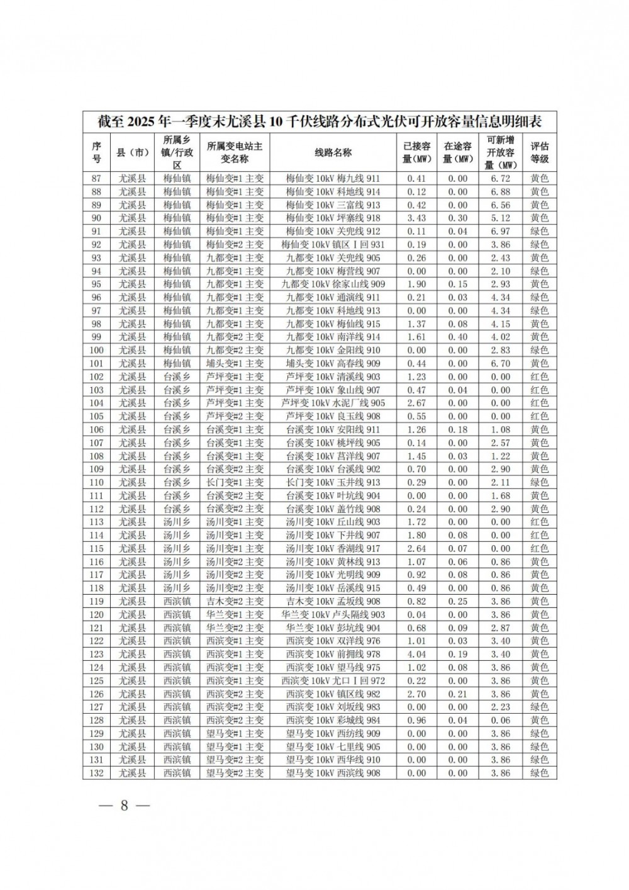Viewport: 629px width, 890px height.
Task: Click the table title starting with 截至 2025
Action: [x=320, y=121]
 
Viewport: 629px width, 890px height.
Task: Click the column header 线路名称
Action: [x=333, y=152]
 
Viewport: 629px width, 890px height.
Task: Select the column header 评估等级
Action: [x=539, y=152]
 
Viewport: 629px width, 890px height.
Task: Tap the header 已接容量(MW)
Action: [x=416, y=152]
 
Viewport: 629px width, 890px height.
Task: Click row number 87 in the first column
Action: [x=96, y=178]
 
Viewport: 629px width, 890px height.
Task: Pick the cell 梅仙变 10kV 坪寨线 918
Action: [x=333, y=218]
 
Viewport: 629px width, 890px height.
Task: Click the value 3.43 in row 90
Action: [x=416, y=218]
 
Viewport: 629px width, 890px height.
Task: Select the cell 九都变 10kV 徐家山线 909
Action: [x=333, y=284]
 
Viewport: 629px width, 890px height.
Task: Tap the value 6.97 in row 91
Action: [x=500, y=231]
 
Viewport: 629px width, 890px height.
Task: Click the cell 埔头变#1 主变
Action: [x=235, y=363]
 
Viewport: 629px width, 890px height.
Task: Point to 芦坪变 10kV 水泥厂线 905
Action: [x=333, y=403]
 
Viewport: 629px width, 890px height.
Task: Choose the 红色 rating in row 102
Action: [x=539, y=376]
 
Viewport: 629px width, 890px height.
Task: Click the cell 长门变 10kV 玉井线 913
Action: [x=333, y=482]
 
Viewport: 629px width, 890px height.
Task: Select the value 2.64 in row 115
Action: [x=416, y=548]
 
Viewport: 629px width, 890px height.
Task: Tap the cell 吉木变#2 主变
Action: [x=235, y=601]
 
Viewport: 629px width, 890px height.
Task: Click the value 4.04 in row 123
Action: [x=416, y=654]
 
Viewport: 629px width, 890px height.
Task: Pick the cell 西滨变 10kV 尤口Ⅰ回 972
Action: [x=333, y=680]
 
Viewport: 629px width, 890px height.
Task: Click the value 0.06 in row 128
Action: [x=500, y=720]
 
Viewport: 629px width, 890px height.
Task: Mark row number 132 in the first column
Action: [x=96, y=773]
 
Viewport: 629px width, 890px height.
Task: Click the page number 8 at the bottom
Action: [x=124, y=806]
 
